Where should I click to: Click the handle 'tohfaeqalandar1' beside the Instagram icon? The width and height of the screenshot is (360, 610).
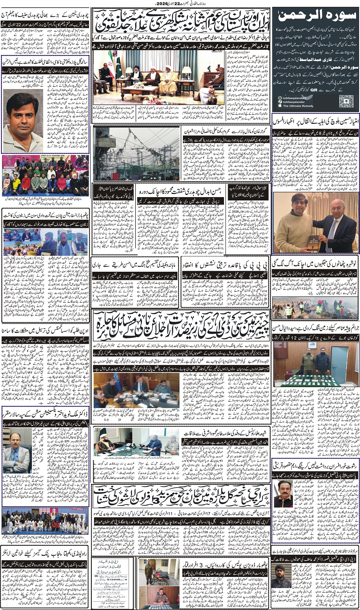[x=295, y=98]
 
